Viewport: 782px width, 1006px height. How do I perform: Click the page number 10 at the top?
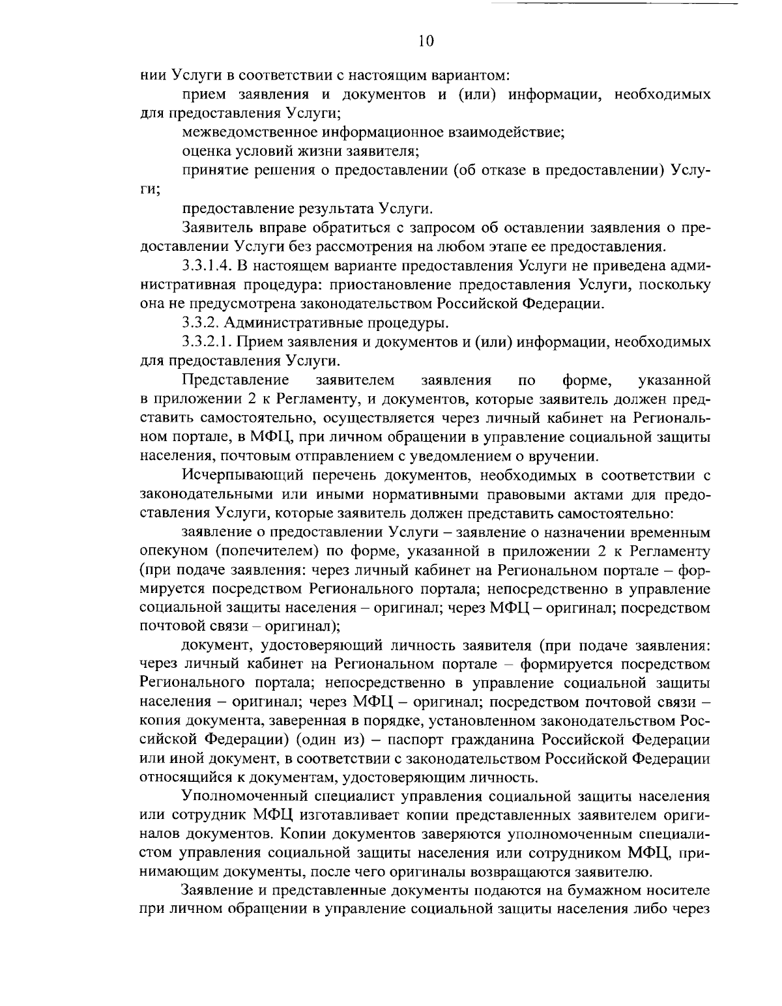pos(425,41)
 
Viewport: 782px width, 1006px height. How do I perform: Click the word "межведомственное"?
pos(250,133)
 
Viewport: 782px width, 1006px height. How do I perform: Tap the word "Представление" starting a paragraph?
pos(236,379)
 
